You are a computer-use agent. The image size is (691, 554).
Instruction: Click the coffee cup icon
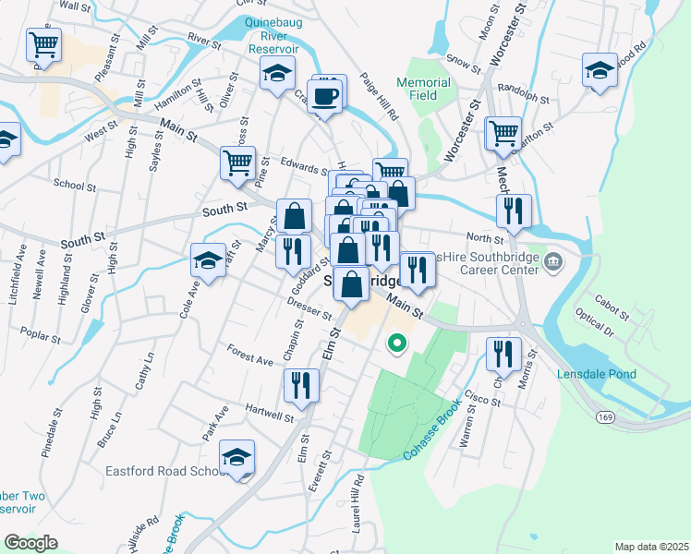click(325, 97)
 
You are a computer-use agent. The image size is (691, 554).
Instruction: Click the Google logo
click(30, 543)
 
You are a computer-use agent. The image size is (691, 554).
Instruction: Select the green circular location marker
click(396, 343)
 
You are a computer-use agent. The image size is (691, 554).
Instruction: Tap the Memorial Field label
click(423, 89)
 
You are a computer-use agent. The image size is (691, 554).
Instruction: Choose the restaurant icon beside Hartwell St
click(301, 385)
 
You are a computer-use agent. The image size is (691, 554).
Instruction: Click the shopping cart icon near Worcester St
click(503, 133)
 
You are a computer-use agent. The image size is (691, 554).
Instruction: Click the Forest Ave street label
click(249, 355)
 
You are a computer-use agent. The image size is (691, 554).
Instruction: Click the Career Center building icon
click(552, 262)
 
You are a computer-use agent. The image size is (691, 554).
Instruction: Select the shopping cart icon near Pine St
click(237, 163)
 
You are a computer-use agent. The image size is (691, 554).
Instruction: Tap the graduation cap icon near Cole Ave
click(209, 260)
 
